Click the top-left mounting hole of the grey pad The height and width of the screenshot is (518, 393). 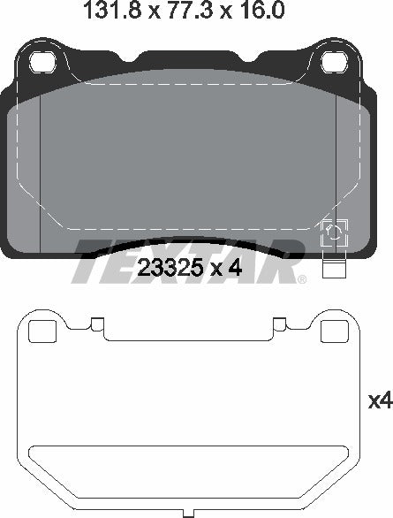click(42, 63)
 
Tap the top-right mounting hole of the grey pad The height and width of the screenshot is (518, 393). click(333, 63)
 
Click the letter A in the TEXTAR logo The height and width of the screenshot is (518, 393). click(233, 262)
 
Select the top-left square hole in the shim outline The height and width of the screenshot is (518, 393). click(42, 331)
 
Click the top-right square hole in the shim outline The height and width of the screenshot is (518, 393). click(332, 331)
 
